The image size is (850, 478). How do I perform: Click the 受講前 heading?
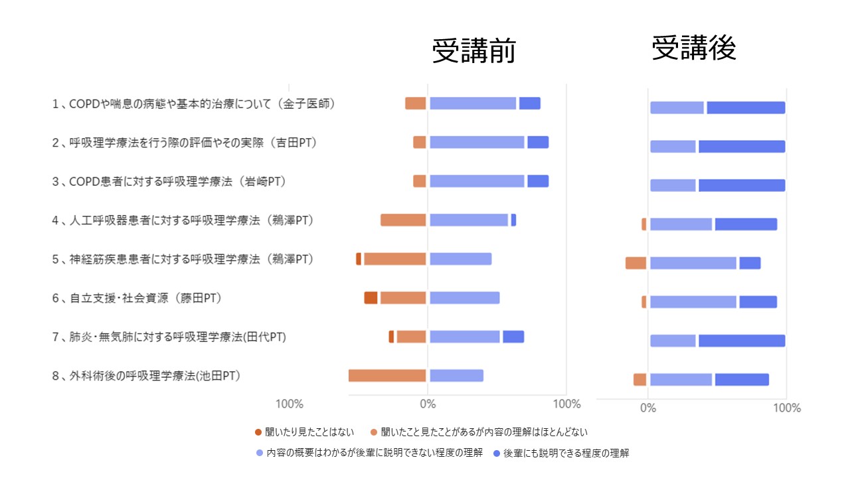coord(473,51)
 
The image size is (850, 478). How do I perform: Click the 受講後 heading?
coord(694,48)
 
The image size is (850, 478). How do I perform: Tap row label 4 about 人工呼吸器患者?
coord(182,220)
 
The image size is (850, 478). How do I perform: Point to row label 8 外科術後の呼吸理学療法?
coord(145,376)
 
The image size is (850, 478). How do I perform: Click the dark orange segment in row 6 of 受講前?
coord(371,298)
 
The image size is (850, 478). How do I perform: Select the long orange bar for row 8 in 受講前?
coord(387,376)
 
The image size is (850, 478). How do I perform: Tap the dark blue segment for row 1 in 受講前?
coord(529,104)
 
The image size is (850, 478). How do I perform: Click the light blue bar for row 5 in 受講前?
coord(460,259)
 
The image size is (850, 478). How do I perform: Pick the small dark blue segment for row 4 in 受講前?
coord(513,220)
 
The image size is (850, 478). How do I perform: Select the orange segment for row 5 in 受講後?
coord(636,263)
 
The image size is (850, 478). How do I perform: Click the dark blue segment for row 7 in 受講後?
coord(741,341)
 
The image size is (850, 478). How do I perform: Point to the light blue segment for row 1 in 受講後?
coord(677,108)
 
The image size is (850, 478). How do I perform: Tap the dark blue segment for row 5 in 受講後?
coord(750,263)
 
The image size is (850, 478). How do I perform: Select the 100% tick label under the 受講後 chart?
coord(787,408)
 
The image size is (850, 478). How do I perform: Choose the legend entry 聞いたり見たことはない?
coord(304,432)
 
